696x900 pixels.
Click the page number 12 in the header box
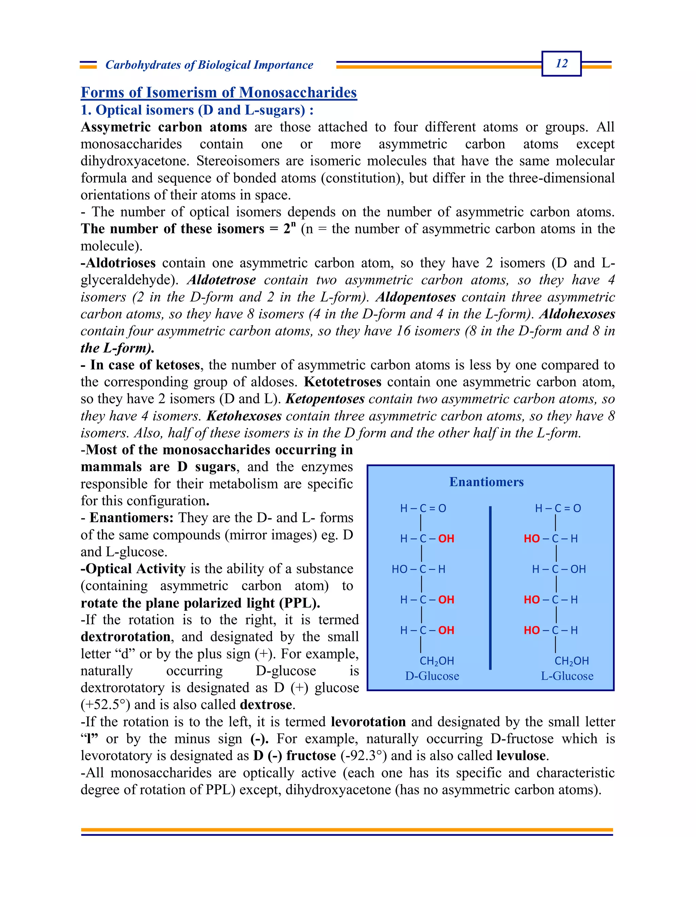tap(561, 64)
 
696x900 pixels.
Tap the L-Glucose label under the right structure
tap(567, 676)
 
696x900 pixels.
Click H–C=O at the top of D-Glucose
tap(423, 508)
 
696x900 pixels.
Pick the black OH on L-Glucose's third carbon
tap(578, 569)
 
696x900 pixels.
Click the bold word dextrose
tap(266, 705)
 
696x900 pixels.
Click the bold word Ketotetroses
tap(342, 382)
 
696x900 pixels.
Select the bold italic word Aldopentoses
tap(416, 297)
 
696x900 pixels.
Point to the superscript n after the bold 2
tap(293, 225)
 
